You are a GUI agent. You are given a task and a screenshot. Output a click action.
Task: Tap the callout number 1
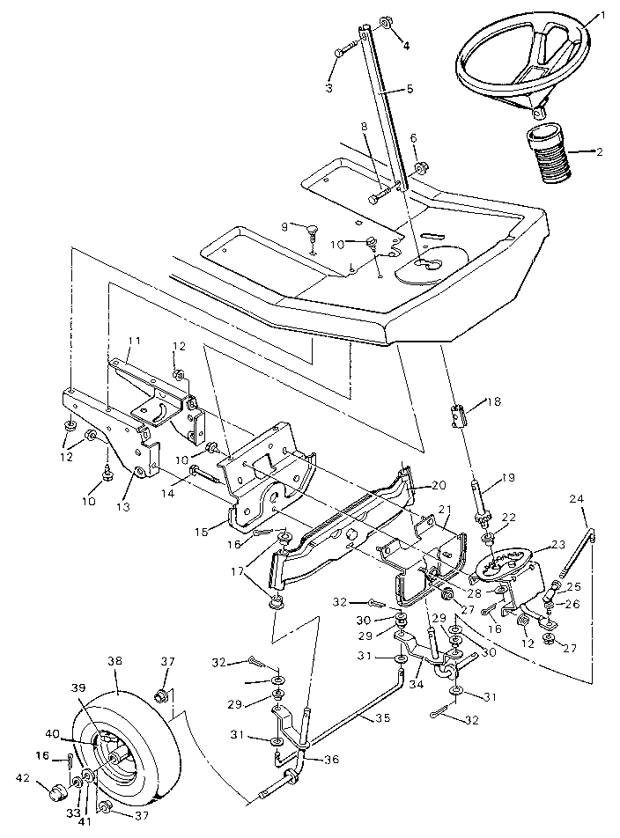[603, 15]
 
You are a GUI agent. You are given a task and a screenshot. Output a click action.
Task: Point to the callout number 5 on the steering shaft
[410, 89]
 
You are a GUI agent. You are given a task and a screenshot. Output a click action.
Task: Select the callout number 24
[578, 498]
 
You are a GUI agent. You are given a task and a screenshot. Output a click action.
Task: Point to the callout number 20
[439, 485]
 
